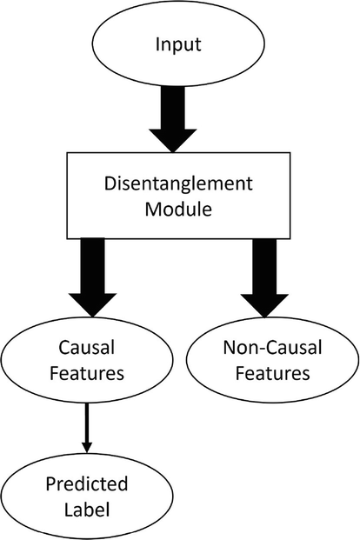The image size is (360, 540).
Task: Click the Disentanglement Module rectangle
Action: click(x=179, y=198)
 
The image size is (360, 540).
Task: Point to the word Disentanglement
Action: click(x=179, y=184)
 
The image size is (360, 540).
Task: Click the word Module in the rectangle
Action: click(x=179, y=211)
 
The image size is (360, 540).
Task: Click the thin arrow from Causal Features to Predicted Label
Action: click(x=87, y=426)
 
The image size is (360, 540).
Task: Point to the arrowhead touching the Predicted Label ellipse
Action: click(x=87, y=446)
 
